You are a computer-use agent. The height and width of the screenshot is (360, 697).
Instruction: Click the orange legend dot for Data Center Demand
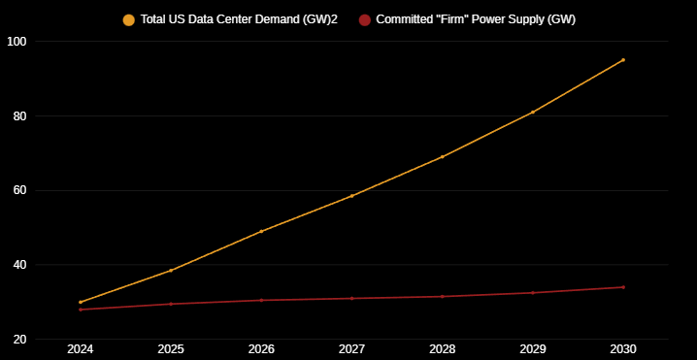coord(128,19)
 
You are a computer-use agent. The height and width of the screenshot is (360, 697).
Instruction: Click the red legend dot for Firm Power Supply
coord(364,19)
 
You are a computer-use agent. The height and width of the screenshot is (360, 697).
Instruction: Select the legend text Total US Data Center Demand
coord(239,19)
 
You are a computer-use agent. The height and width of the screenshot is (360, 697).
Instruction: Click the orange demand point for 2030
coord(622,60)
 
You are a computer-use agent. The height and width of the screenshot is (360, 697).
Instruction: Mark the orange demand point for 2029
coord(532,113)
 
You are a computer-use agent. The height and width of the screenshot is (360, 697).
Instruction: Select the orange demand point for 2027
coord(351,196)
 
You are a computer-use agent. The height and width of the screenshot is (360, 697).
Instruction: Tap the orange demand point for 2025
coord(171,271)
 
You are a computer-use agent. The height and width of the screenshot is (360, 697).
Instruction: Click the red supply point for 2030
coord(622,287)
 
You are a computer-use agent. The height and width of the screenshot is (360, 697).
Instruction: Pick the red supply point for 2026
coord(261,300)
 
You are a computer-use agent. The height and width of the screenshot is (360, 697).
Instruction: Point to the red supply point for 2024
coord(81,310)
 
